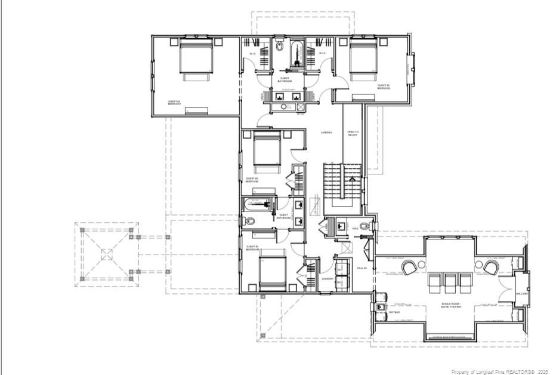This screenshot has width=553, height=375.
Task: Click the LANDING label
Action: [x=326, y=133]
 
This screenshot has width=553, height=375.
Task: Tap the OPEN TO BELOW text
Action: [x=353, y=134]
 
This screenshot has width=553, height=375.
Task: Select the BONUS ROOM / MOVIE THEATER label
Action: [x=450, y=306]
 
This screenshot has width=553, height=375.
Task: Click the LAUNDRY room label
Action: [x=328, y=278]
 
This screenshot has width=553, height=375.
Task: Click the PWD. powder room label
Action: [x=355, y=228]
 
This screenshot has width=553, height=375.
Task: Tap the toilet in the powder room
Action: [x=369, y=226]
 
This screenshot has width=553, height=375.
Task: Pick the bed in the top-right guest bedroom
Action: [x=363, y=58]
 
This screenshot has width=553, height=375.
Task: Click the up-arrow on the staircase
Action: [x=351, y=177]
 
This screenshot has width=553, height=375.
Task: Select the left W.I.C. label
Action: [x=253, y=54]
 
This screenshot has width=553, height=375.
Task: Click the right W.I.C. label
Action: [x=322, y=54]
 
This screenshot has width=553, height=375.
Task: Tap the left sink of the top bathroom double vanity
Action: [x=279, y=96]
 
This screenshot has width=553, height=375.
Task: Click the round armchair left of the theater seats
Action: [x=410, y=268]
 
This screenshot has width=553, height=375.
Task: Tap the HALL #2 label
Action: [x=361, y=269]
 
